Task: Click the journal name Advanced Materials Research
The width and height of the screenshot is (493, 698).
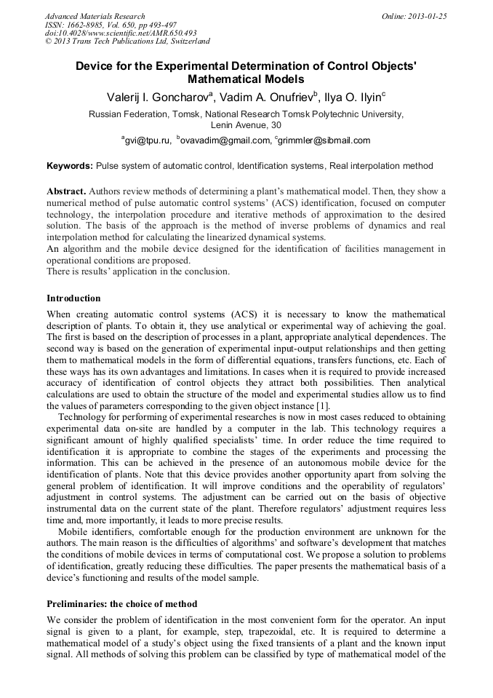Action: (95, 16)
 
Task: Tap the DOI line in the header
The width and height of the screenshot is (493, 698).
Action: (121, 33)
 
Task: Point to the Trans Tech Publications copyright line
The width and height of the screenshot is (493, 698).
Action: (127, 41)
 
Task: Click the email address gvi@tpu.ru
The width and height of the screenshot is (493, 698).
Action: (146, 140)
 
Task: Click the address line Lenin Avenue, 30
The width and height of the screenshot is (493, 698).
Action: (246, 125)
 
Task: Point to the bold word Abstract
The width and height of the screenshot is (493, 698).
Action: (66, 191)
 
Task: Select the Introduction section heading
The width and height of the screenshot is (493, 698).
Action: (73, 298)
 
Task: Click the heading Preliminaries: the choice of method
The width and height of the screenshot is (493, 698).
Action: (121, 604)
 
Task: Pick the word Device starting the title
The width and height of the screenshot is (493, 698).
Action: (93, 65)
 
